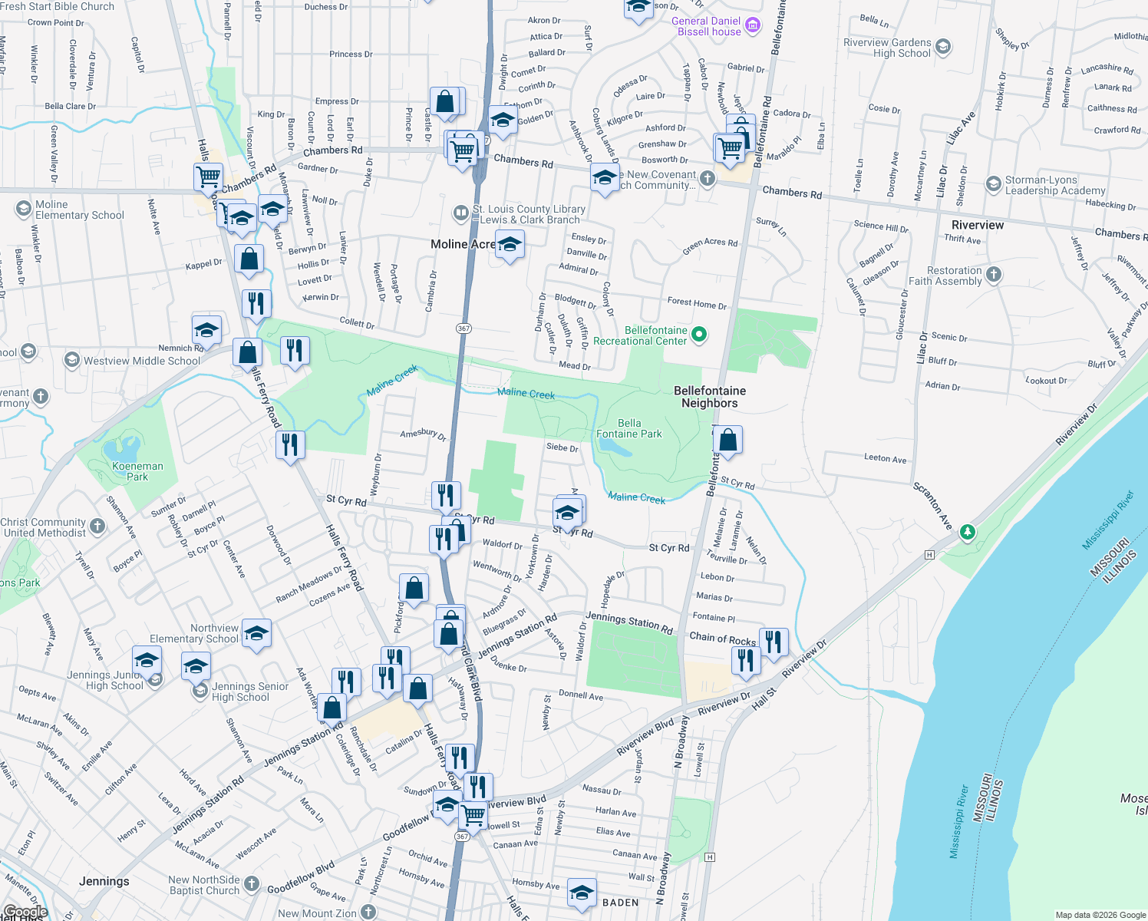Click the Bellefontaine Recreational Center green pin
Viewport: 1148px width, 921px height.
click(x=699, y=335)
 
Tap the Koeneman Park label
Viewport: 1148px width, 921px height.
click(x=137, y=471)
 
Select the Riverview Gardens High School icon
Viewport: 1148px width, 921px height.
click(x=943, y=47)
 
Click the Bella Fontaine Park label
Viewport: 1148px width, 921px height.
click(x=629, y=428)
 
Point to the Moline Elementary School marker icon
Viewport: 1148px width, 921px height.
click(x=23, y=209)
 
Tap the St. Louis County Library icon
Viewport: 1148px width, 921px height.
click(x=460, y=213)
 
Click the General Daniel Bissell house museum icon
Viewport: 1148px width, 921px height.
click(x=754, y=25)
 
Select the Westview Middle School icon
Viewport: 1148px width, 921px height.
click(x=71, y=360)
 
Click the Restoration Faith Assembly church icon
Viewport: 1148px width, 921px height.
click(x=994, y=275)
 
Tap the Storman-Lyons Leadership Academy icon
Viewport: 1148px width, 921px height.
click(x=994, y=185)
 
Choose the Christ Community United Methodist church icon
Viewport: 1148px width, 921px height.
click(x=97, y=527)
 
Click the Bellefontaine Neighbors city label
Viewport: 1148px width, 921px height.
click(x=710, y=397)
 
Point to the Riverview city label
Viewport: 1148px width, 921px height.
click(x=977, y=225)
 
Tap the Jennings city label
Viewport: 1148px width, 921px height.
click(x=104, y=881)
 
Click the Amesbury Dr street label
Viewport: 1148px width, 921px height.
click(x=423, y=434)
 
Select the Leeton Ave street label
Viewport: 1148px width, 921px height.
click(x=885, y=458)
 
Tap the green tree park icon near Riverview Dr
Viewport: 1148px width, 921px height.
click(x=968, y=532)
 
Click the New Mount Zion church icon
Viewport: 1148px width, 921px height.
click(x=368, y=912)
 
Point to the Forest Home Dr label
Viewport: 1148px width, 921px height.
click(x=697, y=304)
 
